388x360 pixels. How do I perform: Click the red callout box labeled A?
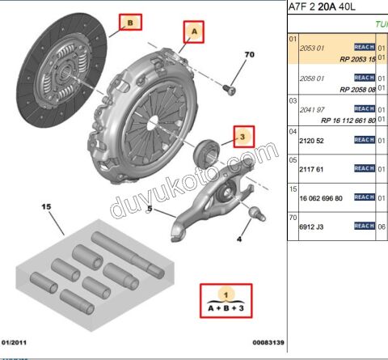tap(192, 32)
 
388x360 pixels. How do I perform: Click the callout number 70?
tap(249, 56)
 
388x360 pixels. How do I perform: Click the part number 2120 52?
tap(312, 140)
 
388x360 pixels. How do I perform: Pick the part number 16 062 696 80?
tap(322, 197)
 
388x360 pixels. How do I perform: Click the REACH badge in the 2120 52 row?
tap(365, 140)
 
